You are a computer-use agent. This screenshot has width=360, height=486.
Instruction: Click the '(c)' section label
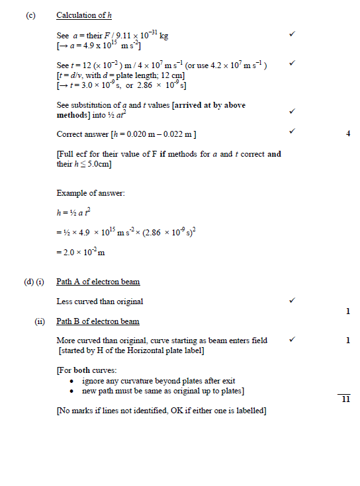(x=30, y=15)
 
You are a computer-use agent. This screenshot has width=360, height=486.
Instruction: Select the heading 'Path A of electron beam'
(x=98, y=282)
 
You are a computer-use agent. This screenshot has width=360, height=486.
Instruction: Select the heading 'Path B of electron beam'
(x=98, y=322)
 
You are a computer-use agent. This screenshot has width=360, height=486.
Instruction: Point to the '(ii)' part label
(x=40, y=322)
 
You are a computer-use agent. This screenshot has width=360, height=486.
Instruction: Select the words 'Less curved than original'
(x=100, y=302)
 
